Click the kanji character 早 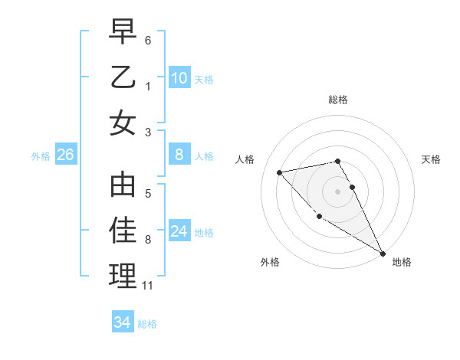click(123, 31)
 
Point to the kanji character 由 click(123, 185)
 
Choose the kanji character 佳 click(123, 230)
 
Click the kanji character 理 click(123, 275)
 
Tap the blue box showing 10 click(179, 77)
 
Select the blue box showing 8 click(179, 155)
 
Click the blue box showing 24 click(179, 231)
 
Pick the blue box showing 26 click(65, 155)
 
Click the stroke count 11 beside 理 click(148, 286)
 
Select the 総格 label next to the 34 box click(147, 324)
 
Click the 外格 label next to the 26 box click(41, 156)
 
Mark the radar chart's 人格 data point click(280, 172)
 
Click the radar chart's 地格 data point click(383, 254)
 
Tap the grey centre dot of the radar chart click(338, 191)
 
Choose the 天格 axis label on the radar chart click(432, 159)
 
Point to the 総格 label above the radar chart click(338, 100)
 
